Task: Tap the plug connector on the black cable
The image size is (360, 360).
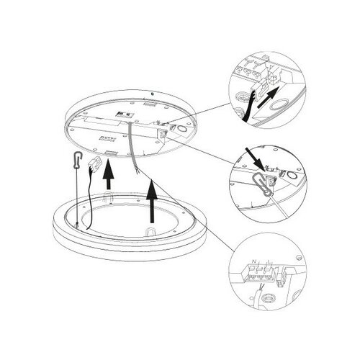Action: click(x=94, y=165)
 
